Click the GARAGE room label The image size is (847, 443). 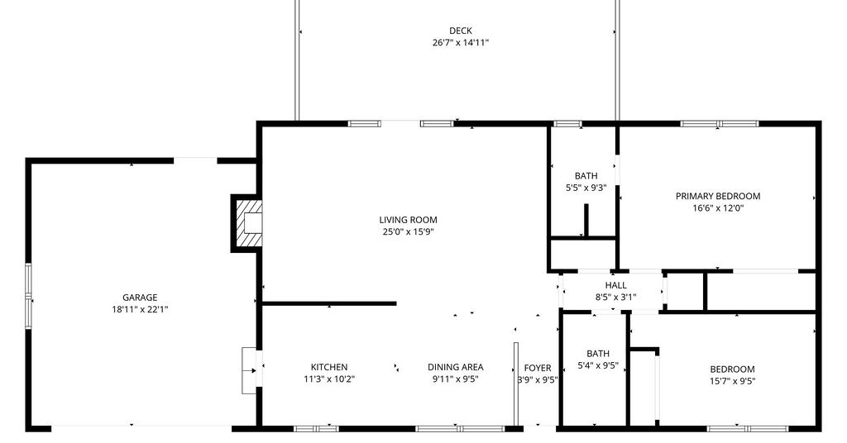coord(140,298)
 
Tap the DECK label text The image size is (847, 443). coord(460,31)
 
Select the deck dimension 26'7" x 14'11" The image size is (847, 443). coord(460,43)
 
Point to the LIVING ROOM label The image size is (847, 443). coord(408,220)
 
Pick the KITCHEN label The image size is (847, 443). coord(329,367)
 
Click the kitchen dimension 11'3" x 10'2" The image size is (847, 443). coord(329,379)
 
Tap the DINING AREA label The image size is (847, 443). coord(456,367)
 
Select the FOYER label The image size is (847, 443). coord(538,368)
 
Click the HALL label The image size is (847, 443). coord(615,285)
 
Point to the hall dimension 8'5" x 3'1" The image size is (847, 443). coord(615,297)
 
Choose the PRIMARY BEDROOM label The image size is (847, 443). coord(718,196)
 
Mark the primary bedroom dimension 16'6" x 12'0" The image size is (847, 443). coord(718,207)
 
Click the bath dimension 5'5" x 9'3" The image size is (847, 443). coord(586,188)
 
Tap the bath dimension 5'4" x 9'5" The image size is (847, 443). coord(598,365)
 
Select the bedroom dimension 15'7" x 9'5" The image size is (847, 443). coord(733,381)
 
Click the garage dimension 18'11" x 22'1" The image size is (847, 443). coord(140,309)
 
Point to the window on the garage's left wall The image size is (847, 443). coord(29,296)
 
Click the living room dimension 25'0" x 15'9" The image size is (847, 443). coord(408,231)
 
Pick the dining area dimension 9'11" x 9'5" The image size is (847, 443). coord(456,379)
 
